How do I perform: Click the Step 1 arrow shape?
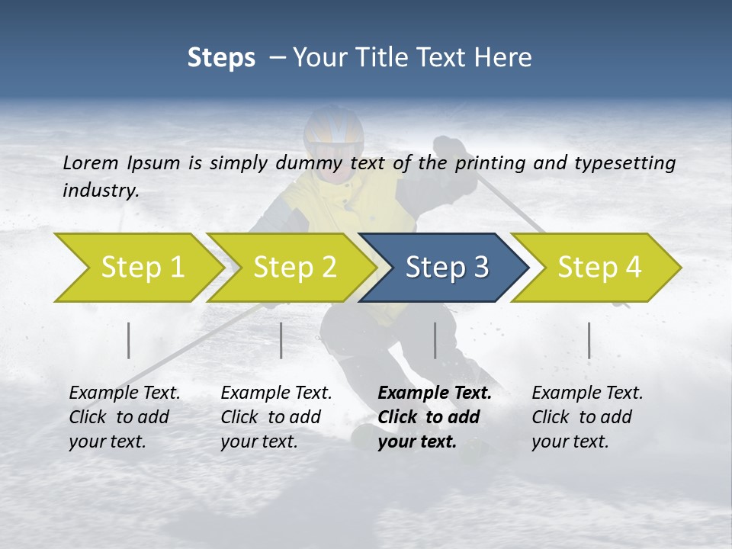tap(137, 268)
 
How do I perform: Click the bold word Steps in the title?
tap(221, 57)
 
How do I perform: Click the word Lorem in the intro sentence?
tap(91, 162)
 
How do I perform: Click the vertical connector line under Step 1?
tap(129, 340)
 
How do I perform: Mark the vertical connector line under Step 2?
tap(281, 340)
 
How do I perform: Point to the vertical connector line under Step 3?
tap(435, 340)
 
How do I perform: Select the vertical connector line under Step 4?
tap(589, 340)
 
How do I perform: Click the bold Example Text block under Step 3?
tap(435, 417)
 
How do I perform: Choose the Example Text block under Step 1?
tap(124, 417)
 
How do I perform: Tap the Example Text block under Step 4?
tap(587, 417)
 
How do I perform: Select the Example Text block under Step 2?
tap(276, 417)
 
